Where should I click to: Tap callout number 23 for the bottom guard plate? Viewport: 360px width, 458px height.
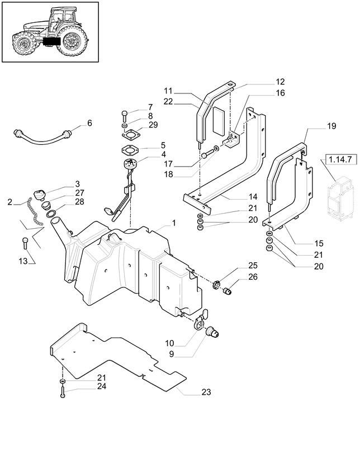click(206, 392)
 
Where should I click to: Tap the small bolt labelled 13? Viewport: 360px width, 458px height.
click(25, 243)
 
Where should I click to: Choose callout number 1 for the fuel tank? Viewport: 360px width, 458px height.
click(173, 223)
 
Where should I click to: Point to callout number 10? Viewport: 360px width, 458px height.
click(169, 342)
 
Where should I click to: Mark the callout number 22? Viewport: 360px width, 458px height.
click(168, 101)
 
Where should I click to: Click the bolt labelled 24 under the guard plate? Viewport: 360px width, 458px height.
click(62, 393)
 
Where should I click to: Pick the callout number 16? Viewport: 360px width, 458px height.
click(280, 93)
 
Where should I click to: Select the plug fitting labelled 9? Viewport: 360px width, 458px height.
click(213, 333)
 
